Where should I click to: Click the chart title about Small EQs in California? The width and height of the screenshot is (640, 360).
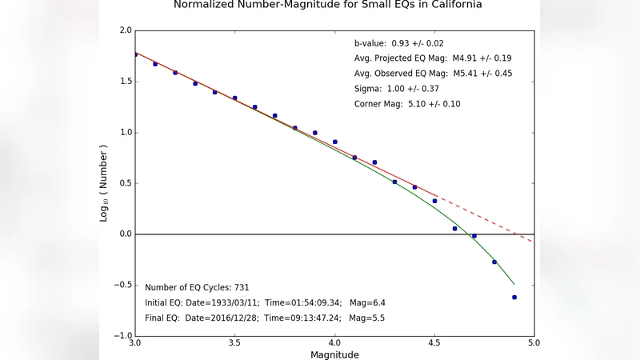point(328,5)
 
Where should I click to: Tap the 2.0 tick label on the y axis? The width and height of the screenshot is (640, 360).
point(125,31)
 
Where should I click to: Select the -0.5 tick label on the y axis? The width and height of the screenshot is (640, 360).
point(122,285)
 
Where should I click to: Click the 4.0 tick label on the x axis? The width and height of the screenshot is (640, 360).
point(334,343)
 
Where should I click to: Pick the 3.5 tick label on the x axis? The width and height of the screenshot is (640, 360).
point(234,343)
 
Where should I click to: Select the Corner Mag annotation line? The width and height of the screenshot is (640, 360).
point(406,104)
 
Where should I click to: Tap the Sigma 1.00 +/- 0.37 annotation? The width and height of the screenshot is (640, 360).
point(395,89)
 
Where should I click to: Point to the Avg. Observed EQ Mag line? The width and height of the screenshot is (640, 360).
point(433,74)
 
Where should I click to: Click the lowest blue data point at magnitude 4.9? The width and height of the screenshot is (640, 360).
point(514,297)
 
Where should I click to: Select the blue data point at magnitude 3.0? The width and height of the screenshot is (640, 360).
point(135,54)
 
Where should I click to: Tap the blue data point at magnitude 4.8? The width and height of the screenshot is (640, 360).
point(494,262)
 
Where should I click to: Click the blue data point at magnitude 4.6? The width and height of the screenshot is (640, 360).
point(454,229)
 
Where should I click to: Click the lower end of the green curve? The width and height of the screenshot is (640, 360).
point(513,283)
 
